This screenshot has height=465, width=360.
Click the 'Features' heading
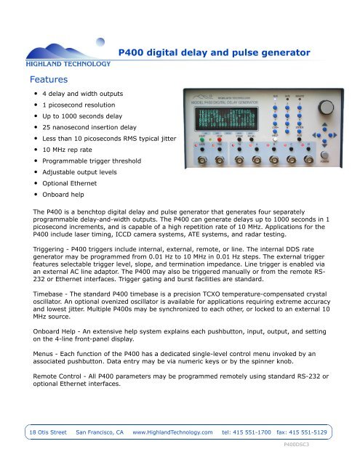coord(48,77)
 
